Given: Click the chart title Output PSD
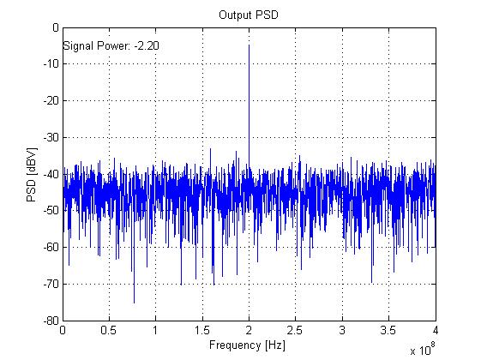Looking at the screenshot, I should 249,14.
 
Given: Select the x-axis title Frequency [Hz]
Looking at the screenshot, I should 249,345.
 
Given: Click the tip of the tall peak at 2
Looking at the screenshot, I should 249,45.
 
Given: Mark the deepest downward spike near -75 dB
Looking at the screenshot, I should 134,303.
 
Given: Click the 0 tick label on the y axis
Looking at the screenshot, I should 53,27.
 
